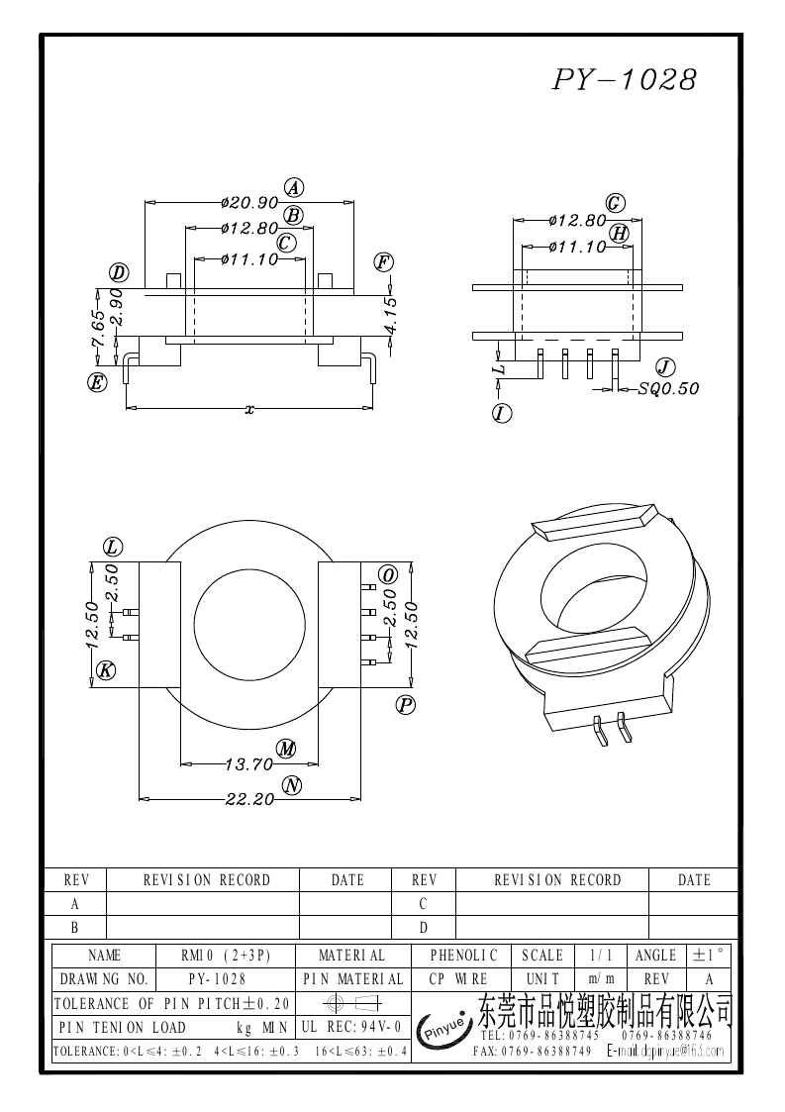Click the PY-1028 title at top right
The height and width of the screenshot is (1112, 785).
coord(624,80)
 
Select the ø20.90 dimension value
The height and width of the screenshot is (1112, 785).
coord(249,202)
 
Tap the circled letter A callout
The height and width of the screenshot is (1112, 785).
coord(294,187)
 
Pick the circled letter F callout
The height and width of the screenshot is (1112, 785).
coord(384,262)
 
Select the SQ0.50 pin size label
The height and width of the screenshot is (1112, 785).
coord(668,389)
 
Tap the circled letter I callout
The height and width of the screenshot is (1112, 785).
coord(502,414)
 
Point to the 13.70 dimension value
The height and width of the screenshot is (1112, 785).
coord(248,763)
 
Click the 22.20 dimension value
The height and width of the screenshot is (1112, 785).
coord(248,799)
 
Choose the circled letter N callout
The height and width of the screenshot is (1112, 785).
coord(291,785)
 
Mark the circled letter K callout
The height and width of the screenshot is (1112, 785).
coord(106,671)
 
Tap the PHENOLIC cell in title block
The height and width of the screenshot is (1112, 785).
coord(463,956)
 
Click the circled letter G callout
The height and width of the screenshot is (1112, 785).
coord(615,203)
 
